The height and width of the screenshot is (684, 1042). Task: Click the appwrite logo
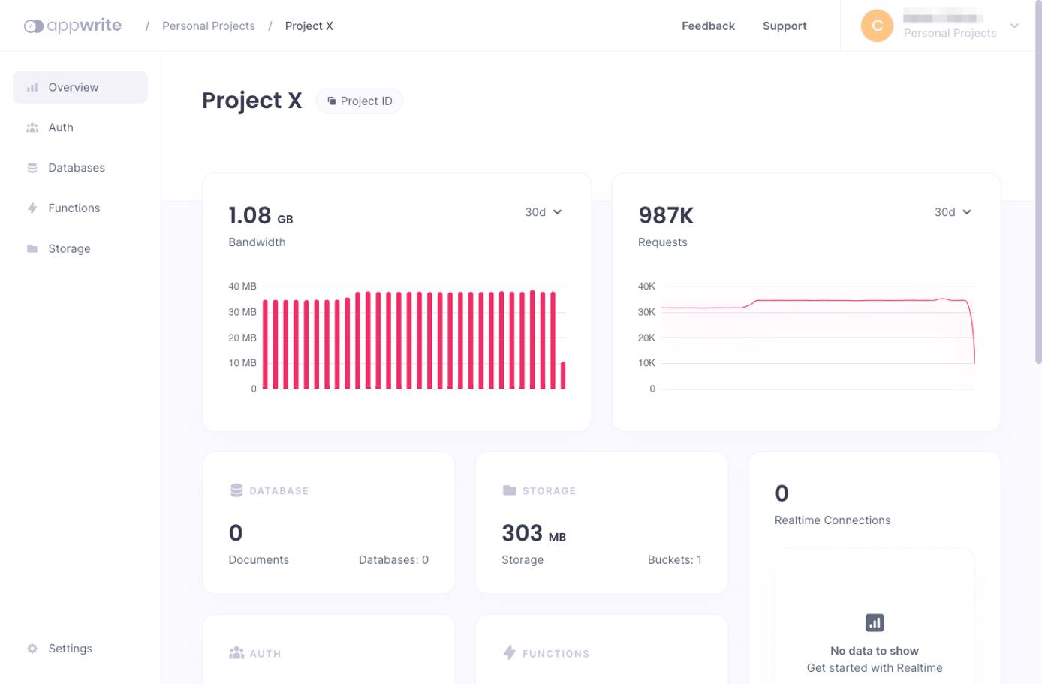pyautogui.click(x=73, y=25)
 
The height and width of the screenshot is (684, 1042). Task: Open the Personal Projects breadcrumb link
pyautogui.click(x=208, y=26)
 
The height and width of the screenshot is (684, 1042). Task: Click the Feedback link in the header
pyautogui.click(x=707, y=26)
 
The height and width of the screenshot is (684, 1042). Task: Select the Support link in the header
pyautogui.click(x=784, y=26)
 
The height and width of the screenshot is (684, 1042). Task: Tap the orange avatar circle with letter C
pyautogui.click(x=876, y=26)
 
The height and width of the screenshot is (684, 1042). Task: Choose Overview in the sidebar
pyautogui.click(x=73, y=87)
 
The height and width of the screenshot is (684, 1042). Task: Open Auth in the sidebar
pyautogui.click(x=61, y=127)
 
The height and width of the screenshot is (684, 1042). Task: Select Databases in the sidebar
pyautogui.click(x=76, y=168)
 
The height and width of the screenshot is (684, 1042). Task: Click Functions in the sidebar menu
pyautogui.click(x=74, y=208)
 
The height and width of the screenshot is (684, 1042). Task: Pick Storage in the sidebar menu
pyautogui.click(x=69, y=249)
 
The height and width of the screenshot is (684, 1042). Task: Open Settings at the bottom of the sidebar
pyautogui.click(x=70, y=649)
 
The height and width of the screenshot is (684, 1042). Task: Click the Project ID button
pyautogui.click(x=360, y=101)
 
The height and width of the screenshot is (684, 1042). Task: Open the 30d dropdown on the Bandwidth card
pyautogui.click(x=543, y=212)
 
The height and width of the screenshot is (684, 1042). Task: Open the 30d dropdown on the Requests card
pyautogui.click(x=952, y=212)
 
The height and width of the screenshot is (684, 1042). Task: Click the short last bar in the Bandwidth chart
pyautogui.click(x=563, y=375)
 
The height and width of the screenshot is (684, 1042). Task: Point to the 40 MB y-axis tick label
pyautogui.click(x=242, y=286)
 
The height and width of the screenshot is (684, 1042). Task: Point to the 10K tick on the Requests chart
pyautogui.click(x=646, y=363)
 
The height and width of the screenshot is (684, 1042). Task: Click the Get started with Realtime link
pyautogui.click(x=874, y=668)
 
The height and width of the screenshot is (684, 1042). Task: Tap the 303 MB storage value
pyautogui.click(x=533, y=533)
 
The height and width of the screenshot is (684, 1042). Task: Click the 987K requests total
pyautogui.click(x=665, y=216)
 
